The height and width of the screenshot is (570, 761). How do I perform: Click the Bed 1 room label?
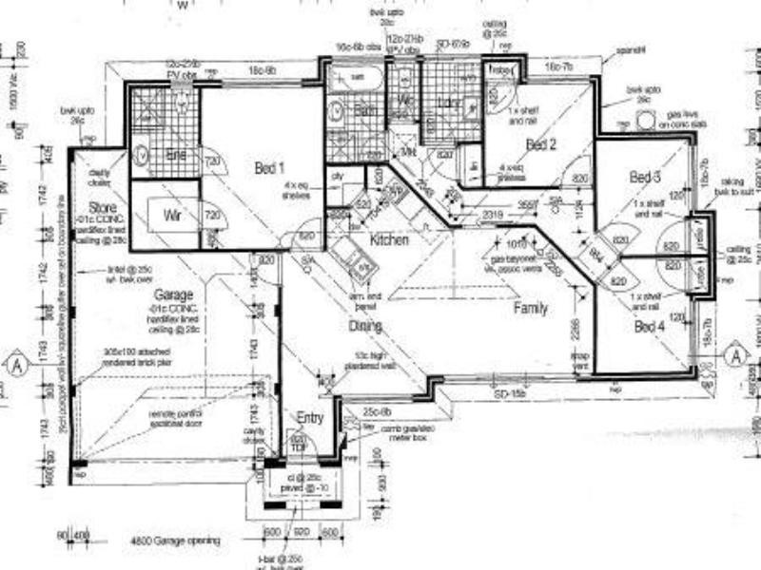(x=270, y=168)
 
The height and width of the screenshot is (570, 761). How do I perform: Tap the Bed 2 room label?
(x=540, y=143)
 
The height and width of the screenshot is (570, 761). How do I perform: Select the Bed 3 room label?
(x=645, y=178)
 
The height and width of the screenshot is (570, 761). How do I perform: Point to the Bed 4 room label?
(x=650, y=327)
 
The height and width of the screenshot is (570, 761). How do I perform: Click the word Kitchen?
(x=388, y=240)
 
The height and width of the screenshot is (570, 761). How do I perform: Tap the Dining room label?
(x=364, y=326)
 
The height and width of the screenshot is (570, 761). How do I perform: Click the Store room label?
(x=103, y=206)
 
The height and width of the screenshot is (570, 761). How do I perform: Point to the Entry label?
(x=310, y=418)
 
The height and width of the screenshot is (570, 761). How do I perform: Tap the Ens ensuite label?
(x=175, y=153)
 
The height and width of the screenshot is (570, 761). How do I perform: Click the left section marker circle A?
(x=14, y=363)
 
